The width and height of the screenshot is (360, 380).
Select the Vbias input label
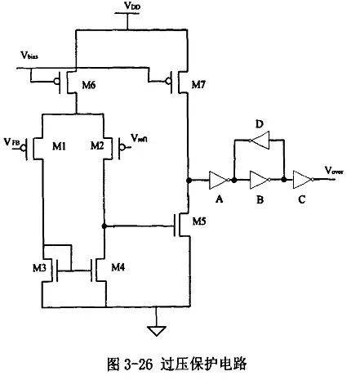30,59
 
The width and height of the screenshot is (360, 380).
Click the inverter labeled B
260,178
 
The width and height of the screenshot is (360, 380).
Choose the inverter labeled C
302,178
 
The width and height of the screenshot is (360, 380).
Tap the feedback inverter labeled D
260,141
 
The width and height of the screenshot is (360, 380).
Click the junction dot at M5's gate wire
104,225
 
